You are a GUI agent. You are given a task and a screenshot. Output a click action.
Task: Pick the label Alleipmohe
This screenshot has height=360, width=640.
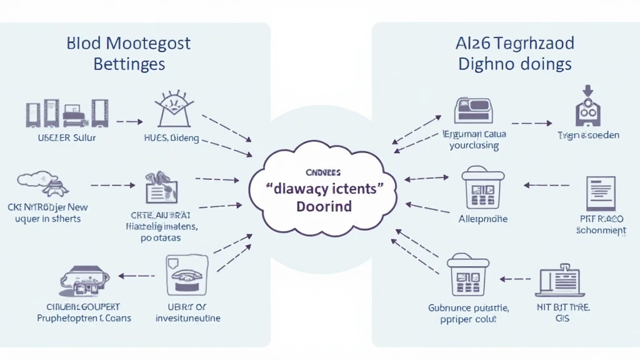coord(483,219)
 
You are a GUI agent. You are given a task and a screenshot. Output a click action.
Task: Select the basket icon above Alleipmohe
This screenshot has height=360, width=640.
coord(482,189)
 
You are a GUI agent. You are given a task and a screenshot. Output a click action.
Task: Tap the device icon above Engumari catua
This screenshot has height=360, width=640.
coord(473,111)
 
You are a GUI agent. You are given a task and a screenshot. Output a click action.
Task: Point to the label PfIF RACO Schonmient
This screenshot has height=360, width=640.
coord(601,224)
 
